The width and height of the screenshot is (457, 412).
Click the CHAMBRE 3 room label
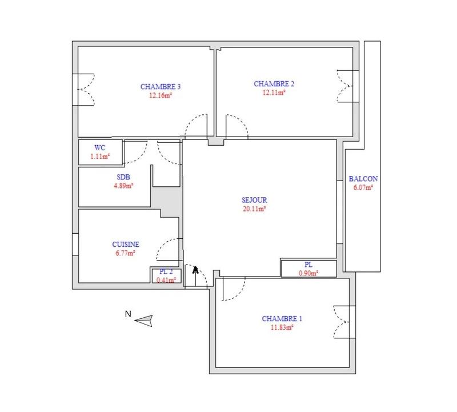click(161, 87)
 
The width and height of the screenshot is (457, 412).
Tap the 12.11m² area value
click(274, 93)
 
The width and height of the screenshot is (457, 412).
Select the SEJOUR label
click(255, 201)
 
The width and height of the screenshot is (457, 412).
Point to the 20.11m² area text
click(255, 209)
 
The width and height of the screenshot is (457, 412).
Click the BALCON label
click(363, 178)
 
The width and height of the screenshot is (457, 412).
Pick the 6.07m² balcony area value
click(363, 187)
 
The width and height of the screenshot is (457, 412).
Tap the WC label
click(100, 147)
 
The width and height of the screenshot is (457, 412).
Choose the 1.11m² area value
click(100, 156)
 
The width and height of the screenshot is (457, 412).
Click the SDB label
click(123, 177)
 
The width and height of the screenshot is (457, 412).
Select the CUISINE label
click(126, 244)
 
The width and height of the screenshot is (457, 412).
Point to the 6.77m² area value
click(126, 253)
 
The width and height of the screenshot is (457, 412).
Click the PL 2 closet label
click(166, 271)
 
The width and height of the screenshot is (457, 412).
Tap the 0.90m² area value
click(308, 273)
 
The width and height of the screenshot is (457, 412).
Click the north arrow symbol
click(145, 321)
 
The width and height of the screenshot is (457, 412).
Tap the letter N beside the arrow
click(129, 314)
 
